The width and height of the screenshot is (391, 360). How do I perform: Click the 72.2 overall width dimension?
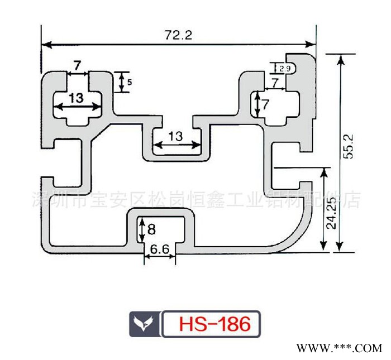point(178,35)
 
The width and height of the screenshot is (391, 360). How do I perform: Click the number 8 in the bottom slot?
point(152,229)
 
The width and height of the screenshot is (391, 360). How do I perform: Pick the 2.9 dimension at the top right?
point(284,69)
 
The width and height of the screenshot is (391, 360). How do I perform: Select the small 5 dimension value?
point(130,83)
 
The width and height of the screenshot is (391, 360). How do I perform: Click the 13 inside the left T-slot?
point(76,98)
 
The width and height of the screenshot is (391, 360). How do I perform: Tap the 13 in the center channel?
point(175,136)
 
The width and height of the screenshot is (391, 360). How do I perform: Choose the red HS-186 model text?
point(211,324)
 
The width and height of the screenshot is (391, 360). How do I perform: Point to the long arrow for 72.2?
point(178,44)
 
